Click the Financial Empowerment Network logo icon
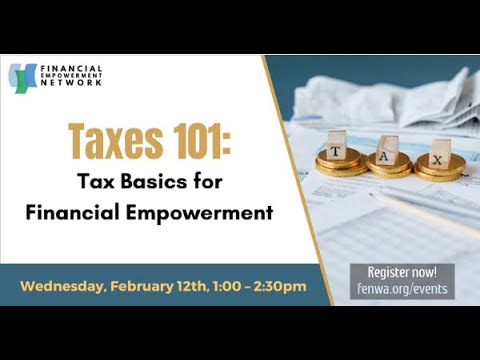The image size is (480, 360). pyautogui.click(x=23, y=77)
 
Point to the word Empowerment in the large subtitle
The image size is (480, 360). pyautogui.click(x=211, y=213)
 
